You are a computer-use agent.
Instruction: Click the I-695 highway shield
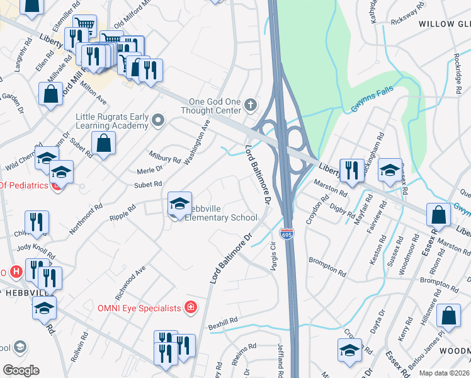[x=287, y=234]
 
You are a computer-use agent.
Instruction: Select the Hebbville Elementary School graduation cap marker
[x=179, y=203]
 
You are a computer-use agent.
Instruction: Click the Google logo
[x=21, y=370]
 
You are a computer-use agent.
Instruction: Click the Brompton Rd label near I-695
[x=327, y=259]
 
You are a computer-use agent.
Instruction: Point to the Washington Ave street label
[x=197, y=142]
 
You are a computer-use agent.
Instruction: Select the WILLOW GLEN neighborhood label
[x=445, y=24]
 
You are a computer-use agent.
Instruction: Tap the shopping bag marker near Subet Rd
[x=103, y=143]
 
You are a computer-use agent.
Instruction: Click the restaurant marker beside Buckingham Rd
[x=352, y=169]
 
